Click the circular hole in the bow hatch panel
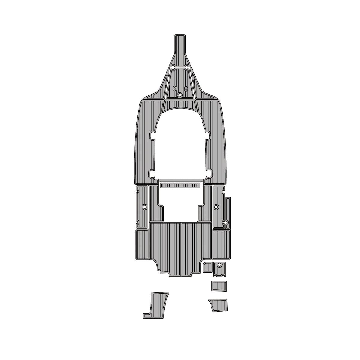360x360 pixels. (179, 95)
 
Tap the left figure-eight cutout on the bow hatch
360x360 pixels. (174, 88)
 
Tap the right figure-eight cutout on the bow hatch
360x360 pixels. (186, 88)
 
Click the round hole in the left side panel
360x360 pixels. (144, 207)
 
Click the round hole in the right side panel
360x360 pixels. (216, 207)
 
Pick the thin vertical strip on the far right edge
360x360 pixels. (228, 210)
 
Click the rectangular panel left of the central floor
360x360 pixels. (142, 244)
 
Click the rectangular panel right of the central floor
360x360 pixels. (220, 244)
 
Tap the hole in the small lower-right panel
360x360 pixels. (220, 265)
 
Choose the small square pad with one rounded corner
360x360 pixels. (207, 267)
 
